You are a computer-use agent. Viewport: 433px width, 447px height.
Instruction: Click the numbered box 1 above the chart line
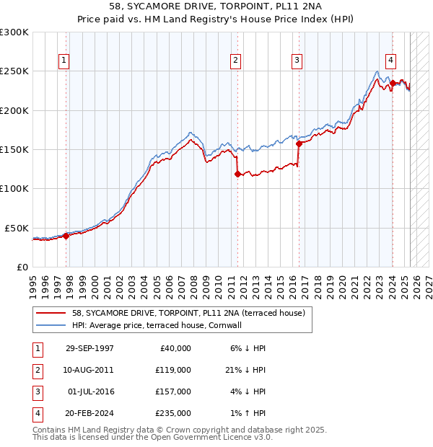65,61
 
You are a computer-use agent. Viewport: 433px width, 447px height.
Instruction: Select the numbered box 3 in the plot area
297,61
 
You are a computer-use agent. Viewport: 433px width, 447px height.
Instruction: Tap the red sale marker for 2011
237,174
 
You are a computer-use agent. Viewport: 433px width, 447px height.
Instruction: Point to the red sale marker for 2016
298,143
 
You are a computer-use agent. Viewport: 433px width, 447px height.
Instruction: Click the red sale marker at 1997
66,235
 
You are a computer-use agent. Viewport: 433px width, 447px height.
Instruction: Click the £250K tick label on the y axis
14,71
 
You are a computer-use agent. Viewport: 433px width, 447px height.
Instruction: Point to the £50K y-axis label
17,228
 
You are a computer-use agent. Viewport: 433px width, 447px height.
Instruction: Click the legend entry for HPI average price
156,325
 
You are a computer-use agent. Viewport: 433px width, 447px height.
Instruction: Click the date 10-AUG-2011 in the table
89,370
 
